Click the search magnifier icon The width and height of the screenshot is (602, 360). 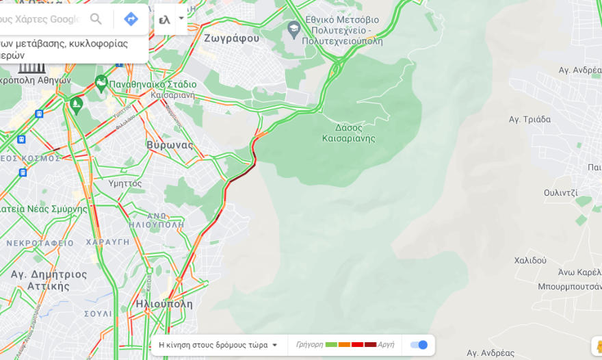[x=96, y=19]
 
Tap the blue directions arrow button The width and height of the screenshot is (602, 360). [x=131, y=19]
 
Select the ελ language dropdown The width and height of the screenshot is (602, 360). [x=170, y=19]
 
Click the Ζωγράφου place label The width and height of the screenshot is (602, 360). [x=231, y=38]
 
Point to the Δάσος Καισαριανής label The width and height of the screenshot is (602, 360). [x=349, y=133]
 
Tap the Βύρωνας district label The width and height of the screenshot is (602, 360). [x=170, y=145]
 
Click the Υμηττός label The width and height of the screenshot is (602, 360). [x=125, y=183]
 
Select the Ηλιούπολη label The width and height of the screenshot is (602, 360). [x=164, y=304]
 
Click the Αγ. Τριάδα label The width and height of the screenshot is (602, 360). [x=529, y=119]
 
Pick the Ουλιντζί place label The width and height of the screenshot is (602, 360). [x=561, y=193]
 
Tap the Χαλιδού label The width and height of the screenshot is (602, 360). [x=530, y=260]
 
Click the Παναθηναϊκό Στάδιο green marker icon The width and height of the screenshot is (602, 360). [x=101, y=83]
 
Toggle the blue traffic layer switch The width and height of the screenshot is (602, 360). [x=419, y=345]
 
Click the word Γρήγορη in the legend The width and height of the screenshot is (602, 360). [x=309, y=345]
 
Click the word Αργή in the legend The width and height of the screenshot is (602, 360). [x=386, y=345]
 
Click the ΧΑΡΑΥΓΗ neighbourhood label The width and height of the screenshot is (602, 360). [x=108, y=242]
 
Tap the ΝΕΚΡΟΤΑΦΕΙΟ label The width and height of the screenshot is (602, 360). [x=40, y=243]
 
